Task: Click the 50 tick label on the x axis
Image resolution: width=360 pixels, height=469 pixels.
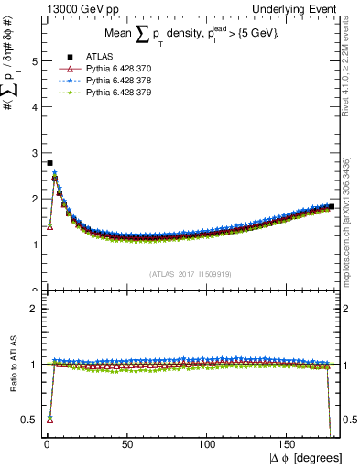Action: point(127,443)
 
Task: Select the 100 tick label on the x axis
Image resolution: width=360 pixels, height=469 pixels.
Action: point(208,443)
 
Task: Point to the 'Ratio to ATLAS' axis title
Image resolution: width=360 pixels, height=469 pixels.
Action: point(11,365)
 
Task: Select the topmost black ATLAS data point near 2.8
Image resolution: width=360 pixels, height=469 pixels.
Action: point(49,163)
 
